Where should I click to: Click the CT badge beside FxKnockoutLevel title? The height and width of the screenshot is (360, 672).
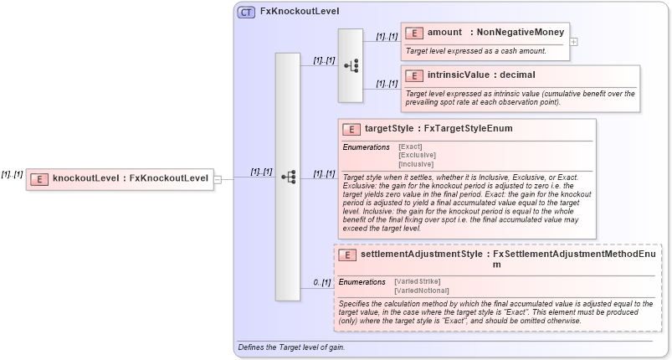click(x=246, y=13)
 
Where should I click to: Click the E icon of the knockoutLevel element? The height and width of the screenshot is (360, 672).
click(x=38, y=178)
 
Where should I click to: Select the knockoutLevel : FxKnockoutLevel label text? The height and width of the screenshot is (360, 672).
click(x=130, y=178)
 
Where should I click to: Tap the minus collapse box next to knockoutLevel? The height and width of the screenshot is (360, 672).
click(x=218, y=178)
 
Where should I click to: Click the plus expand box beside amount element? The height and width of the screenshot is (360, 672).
click(x=573, y=40)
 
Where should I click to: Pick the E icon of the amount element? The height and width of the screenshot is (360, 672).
click(x=413, y=33)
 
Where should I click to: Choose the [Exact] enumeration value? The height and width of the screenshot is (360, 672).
click(x=410, y=147)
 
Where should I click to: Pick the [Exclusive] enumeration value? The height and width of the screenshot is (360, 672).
click(x=416, y=155)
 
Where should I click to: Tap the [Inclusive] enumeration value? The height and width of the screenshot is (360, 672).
click(x=416, y=164)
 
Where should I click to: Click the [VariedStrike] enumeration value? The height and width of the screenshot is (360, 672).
click(x=417, y=280)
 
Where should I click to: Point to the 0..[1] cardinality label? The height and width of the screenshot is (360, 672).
click(x=322, y=282)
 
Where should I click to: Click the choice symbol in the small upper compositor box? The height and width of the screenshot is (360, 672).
click(x=351, y=65)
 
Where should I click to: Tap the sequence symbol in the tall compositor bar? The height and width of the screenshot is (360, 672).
click(x=288, y=177)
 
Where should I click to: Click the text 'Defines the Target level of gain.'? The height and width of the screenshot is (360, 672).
click(x=290, y=347)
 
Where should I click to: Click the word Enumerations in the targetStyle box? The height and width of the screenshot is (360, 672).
click(x=366, y=147)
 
